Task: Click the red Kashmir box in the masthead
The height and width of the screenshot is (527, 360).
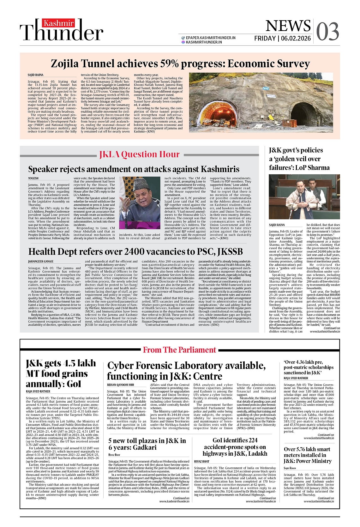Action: point(58,23)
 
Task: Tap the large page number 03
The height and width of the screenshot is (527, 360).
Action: point(327,32)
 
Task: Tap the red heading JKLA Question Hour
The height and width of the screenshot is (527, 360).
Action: point(139,154)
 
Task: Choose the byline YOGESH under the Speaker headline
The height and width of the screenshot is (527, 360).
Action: point(33,178)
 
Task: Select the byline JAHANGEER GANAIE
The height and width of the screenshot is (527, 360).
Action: point(41,261)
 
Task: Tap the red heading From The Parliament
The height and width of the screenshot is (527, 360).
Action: point(179,350)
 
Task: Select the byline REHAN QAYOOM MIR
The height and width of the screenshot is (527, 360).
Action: point(120,385)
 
